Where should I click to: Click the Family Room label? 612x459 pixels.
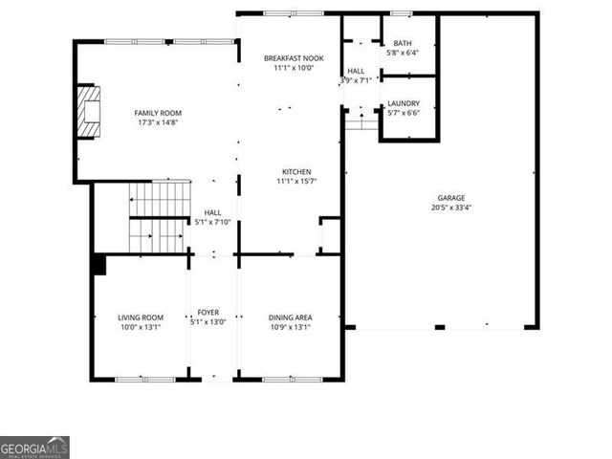pos(157,113)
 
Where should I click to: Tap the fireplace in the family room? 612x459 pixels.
pos(89,111)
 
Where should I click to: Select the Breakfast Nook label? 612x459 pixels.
pos(294,58)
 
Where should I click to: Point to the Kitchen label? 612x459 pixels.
pos(294,172)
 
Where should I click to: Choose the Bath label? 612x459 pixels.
pos(403,43)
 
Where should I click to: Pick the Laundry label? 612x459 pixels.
pos(403,102)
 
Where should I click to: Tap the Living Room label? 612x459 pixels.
pos(141,317)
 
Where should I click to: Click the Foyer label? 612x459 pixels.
pos(208,313)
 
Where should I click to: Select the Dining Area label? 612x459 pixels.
pos(290,317)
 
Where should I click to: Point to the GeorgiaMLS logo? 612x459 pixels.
pos(34,447)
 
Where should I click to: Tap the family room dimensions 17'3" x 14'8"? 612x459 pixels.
pos(157,122)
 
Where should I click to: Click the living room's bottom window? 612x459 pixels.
pos(145,380)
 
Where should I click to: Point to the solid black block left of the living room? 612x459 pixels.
pos(98,265)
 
